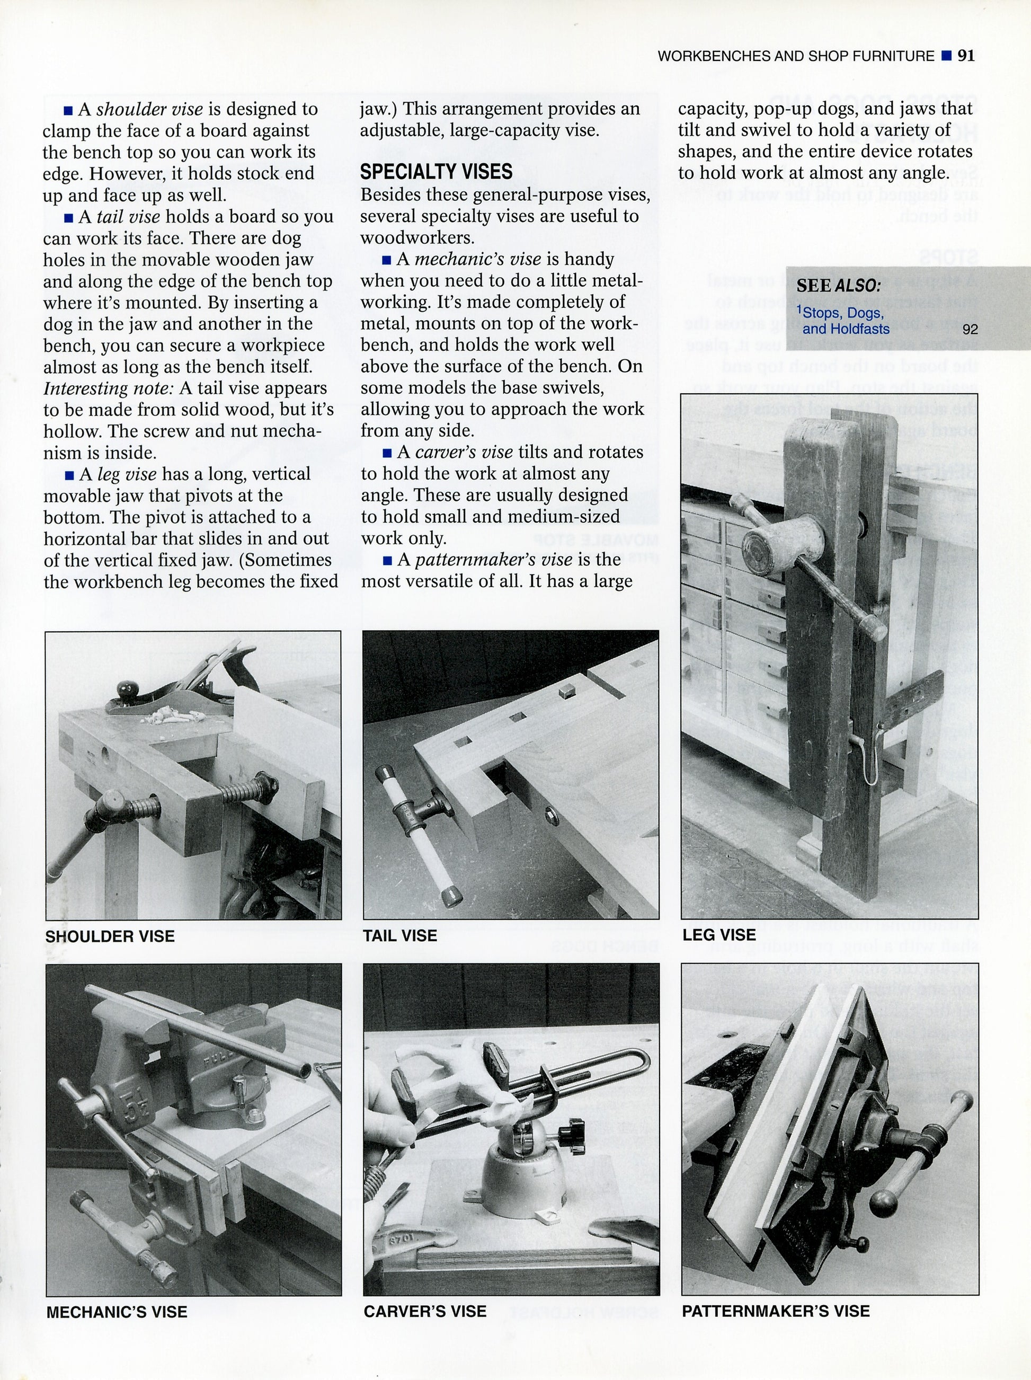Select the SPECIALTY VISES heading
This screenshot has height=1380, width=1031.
(436, 172)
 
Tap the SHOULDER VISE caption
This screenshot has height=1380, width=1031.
(110, 936)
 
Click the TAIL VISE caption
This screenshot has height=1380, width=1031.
(400, 935)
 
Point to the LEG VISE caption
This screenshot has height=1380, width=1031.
(718, 934)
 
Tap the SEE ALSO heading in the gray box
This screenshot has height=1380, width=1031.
(838, 286)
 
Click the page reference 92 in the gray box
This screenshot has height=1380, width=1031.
(970, 329)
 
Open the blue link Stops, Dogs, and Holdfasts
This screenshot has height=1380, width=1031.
(845, 321)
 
